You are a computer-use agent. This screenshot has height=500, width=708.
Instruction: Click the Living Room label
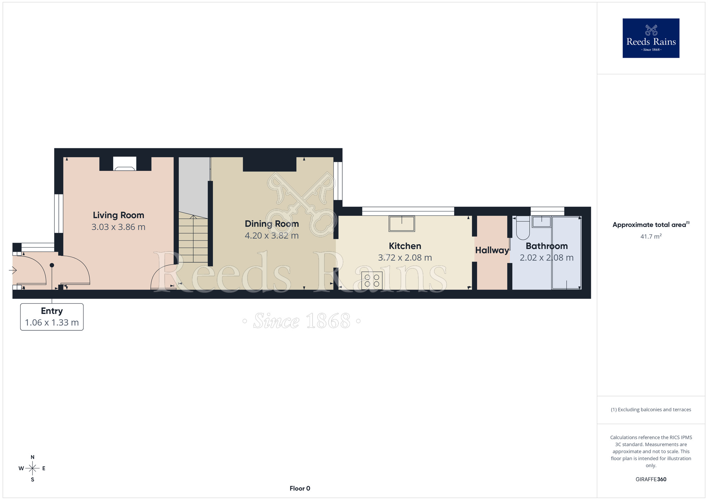(x=118, y=215)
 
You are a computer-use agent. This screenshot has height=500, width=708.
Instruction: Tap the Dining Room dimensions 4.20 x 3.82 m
(x=272, y=236)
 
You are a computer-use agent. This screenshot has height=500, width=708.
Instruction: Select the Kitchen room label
(x=405, y=246)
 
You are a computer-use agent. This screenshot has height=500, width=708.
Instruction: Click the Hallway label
(x=492, y=250)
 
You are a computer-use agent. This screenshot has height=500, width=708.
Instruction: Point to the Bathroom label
(x=547, y=246)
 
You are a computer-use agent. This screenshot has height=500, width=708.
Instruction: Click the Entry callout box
(x=52, y=317)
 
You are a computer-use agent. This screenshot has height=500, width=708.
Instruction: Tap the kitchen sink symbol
(x=402, y=224)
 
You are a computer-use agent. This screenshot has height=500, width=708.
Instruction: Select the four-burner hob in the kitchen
(x=372, y=281)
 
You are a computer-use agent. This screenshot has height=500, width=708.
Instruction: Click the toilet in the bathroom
(x=523, y=228)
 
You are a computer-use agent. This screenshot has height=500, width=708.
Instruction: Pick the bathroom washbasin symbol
(x=542, y=222)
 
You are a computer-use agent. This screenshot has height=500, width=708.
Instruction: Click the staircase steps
(x=193, y=237)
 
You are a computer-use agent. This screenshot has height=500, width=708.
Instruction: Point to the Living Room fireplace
(x=125, y=164)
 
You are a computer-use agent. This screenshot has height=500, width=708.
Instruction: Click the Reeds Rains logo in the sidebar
(x=651, y=38)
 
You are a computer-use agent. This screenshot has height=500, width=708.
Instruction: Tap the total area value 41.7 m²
(x=651, y=237)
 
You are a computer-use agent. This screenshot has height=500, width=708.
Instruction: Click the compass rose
(x=33, y=469)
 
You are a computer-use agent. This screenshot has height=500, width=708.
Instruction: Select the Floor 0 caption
(x=300, y=488)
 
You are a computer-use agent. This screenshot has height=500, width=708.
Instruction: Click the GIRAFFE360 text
(x=651, y=479)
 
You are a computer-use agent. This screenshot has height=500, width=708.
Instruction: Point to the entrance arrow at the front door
(x=13, y=271)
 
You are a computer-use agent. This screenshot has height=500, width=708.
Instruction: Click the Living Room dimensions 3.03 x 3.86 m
(x=118, y=227)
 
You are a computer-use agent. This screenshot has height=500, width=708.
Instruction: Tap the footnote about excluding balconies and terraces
(x=651, y=409)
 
